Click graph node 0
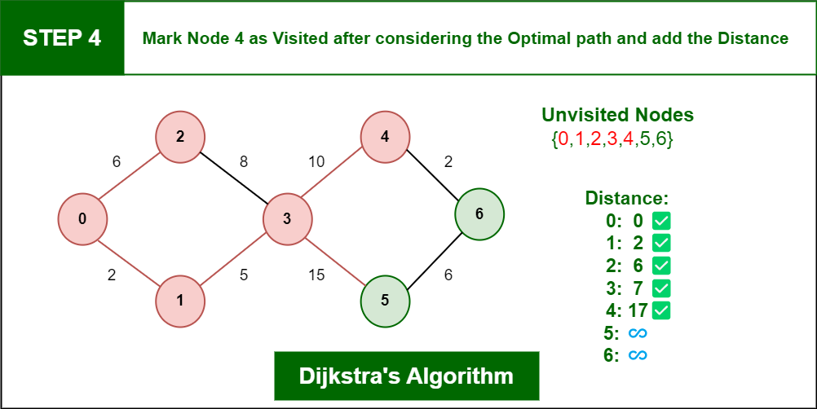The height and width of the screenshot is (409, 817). pos(82,219)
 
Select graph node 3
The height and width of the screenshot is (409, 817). pos(288,219)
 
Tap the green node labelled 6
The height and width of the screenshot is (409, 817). pos(479,213)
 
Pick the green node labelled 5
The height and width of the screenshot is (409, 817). pos(385,301)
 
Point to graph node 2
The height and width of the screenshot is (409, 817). pos(180,137)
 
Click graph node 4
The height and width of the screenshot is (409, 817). pos(385,137)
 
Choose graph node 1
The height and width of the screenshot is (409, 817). pos(180,301)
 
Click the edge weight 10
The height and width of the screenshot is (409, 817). pos(316,162)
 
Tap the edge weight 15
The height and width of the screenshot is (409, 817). pos(316,275)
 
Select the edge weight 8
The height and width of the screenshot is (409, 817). pos(243,162)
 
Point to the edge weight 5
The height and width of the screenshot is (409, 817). pos(243,275)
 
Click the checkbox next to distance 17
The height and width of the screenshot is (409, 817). pos(661,310)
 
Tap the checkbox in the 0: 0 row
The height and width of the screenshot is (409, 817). pos(661,221)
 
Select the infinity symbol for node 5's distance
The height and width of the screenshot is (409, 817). pos(638,333)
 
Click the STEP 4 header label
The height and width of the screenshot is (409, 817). pos(62,38)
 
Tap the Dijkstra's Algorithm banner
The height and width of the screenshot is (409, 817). pos(406,376)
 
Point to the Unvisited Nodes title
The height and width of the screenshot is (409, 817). pos(618,115)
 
